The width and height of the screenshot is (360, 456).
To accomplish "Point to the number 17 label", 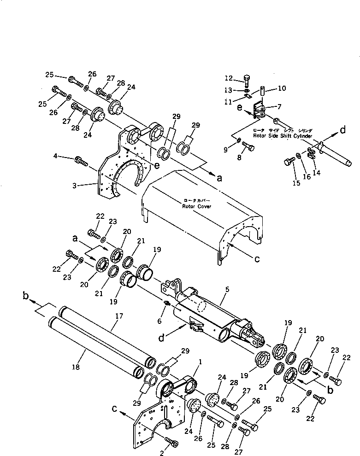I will point(119,316).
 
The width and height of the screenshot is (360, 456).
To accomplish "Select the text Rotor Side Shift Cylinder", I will point(283,136).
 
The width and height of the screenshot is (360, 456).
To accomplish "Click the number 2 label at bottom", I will point(162,453).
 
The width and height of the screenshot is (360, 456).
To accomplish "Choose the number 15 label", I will point(296,183).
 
